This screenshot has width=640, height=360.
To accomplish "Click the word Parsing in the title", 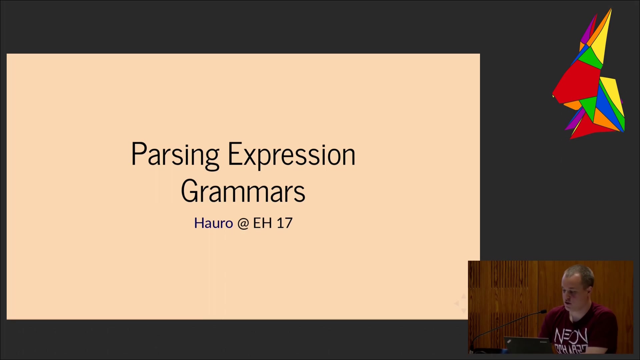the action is (175, 155).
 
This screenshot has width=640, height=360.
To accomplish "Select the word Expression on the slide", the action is (292, 155).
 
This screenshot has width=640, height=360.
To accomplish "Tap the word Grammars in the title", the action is (243, 191).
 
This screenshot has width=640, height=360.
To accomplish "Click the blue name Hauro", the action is (213, 223).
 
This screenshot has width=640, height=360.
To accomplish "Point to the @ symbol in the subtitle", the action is (243, 223).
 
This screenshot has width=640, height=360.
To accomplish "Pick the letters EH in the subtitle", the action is (262, 223).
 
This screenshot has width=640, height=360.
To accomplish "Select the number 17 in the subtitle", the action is (284, 223).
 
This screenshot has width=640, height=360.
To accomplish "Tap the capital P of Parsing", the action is (139, 154).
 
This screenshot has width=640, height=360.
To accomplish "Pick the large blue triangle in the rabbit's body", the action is (609, 103).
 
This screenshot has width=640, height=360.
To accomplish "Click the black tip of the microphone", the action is (543, 312).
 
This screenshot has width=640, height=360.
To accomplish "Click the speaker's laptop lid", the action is (527, 345).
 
